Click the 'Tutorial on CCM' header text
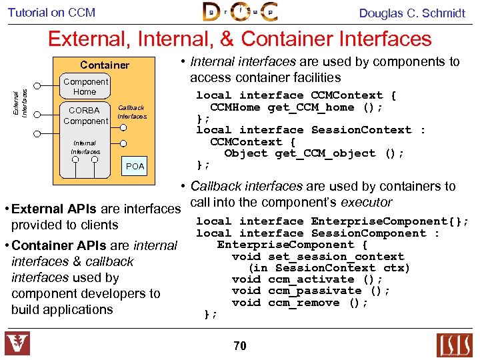point(51,12)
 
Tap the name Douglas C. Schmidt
point(412,13)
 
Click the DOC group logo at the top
point(240,12)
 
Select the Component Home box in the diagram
point(85,87)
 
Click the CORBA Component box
point(85,115)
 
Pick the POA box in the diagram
point(135,166)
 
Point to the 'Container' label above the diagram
point(105,65)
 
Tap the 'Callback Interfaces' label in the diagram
point(131,112)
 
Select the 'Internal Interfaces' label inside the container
point(85,147)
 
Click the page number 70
point(240,345)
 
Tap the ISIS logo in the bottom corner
point(454,345)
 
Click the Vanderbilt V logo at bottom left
point(17,344)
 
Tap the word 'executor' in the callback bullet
point(366,202)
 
